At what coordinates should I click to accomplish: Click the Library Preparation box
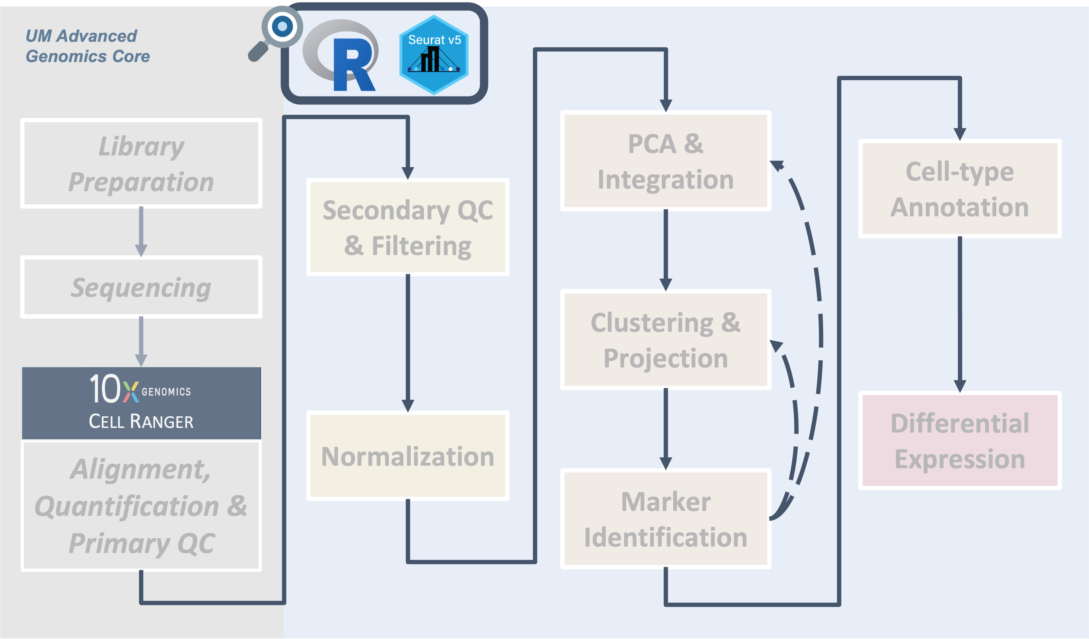(141, 163)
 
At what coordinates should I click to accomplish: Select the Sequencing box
(141, 287)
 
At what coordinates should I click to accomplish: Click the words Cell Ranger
(141, 421)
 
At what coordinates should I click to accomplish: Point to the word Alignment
(140, 469)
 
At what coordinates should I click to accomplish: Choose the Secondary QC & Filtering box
(407, 227)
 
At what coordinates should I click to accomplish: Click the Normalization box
(407, 456)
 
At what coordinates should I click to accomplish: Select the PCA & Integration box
(666, 161)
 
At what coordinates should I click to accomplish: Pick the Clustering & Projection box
(666, 340)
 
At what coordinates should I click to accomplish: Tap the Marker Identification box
(666, 519)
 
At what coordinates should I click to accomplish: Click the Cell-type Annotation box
(959, 189)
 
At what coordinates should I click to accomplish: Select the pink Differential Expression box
(959, 441)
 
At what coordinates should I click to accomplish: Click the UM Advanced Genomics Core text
(87, 46)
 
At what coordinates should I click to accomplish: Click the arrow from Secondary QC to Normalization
(407, 342)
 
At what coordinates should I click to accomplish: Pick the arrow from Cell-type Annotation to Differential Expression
(959, 313)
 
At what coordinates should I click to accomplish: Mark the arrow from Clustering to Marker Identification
(666, 428)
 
